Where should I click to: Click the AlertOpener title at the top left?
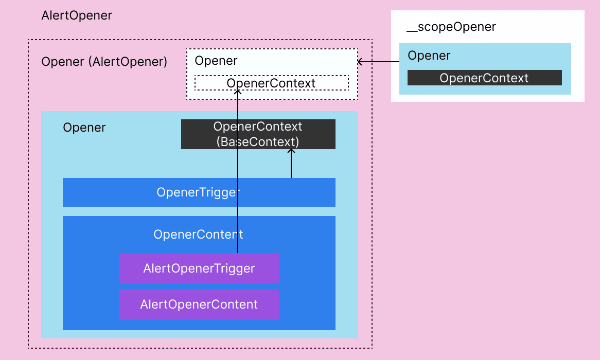click(x=76, y=15)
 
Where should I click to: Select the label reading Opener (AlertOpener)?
click(x=104, y=62)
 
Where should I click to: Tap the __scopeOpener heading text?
click(x=451, y=27)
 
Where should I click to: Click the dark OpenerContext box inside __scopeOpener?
click(x=484, y=78)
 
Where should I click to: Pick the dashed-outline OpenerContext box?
click(x=271, y=83)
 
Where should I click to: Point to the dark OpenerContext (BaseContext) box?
click(x=258, y=134)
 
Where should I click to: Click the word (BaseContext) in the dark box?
click(x=258, y=141)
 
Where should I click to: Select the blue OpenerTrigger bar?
click(x=199, y=192)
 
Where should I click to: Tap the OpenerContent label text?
click(x=198, y=235)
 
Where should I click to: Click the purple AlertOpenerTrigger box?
click(x=199, y=268)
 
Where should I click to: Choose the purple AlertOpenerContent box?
click(x=199, y=304)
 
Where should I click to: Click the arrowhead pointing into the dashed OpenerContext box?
click(x=238, y=92)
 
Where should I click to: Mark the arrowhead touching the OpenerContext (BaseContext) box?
click(x=291, y=151)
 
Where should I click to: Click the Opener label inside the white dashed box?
click(x=216, y=61)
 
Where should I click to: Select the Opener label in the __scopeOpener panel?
click(x=429, y=56)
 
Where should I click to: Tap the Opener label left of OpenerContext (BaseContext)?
click(x=84, y=128)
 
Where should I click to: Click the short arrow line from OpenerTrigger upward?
click(x=291, y=165)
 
